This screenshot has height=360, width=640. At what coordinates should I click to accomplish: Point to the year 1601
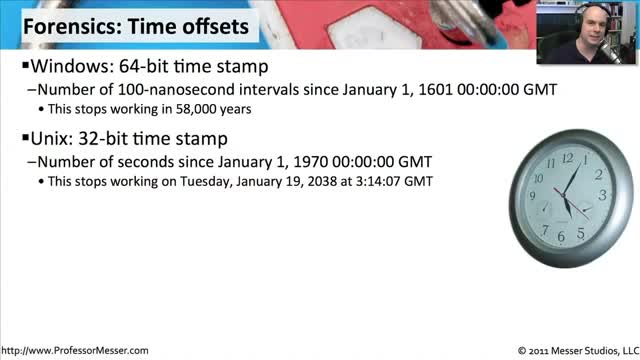436,89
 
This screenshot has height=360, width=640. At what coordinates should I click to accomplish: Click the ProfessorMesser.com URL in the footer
75,350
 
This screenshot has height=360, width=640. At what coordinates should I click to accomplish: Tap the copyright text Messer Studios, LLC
595,351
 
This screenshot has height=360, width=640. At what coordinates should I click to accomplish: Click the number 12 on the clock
568,158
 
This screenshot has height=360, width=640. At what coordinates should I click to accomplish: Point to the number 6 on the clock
562,236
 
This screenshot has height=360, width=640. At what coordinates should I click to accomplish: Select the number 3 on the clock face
602,195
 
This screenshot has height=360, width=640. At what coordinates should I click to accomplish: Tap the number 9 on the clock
532,196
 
